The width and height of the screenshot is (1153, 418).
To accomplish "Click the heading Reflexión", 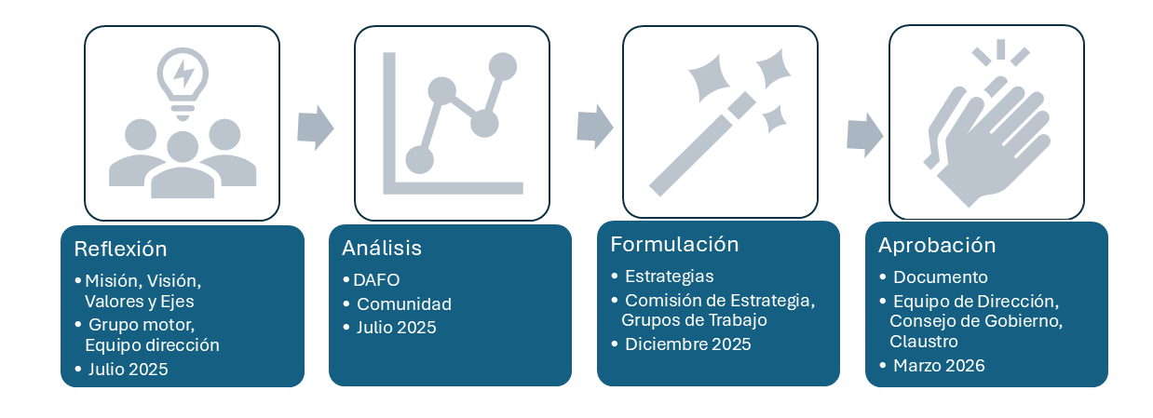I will [120, 249].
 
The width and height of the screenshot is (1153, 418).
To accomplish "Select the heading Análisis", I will [382, 249].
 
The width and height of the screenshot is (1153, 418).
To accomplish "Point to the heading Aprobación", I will [937, 246].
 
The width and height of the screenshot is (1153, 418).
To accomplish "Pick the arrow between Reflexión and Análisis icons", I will [316, 127].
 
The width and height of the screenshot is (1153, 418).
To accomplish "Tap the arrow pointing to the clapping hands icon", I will [865, 136].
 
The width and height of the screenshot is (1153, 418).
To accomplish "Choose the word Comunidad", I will [403, 304].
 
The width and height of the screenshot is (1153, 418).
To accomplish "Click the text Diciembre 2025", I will [687, 344].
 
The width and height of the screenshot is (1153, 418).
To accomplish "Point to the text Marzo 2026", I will [939, 366].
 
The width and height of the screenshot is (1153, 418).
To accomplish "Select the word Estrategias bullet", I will [669, 276].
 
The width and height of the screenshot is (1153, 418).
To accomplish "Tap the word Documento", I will [940, 277].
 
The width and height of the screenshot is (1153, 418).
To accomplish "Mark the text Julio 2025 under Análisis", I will [395, 328].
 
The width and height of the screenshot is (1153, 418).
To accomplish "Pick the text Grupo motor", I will [141, 324].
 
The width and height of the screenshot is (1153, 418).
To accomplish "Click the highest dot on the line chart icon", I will [503, 66].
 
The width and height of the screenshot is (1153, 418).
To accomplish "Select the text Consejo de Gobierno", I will [975, 321].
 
